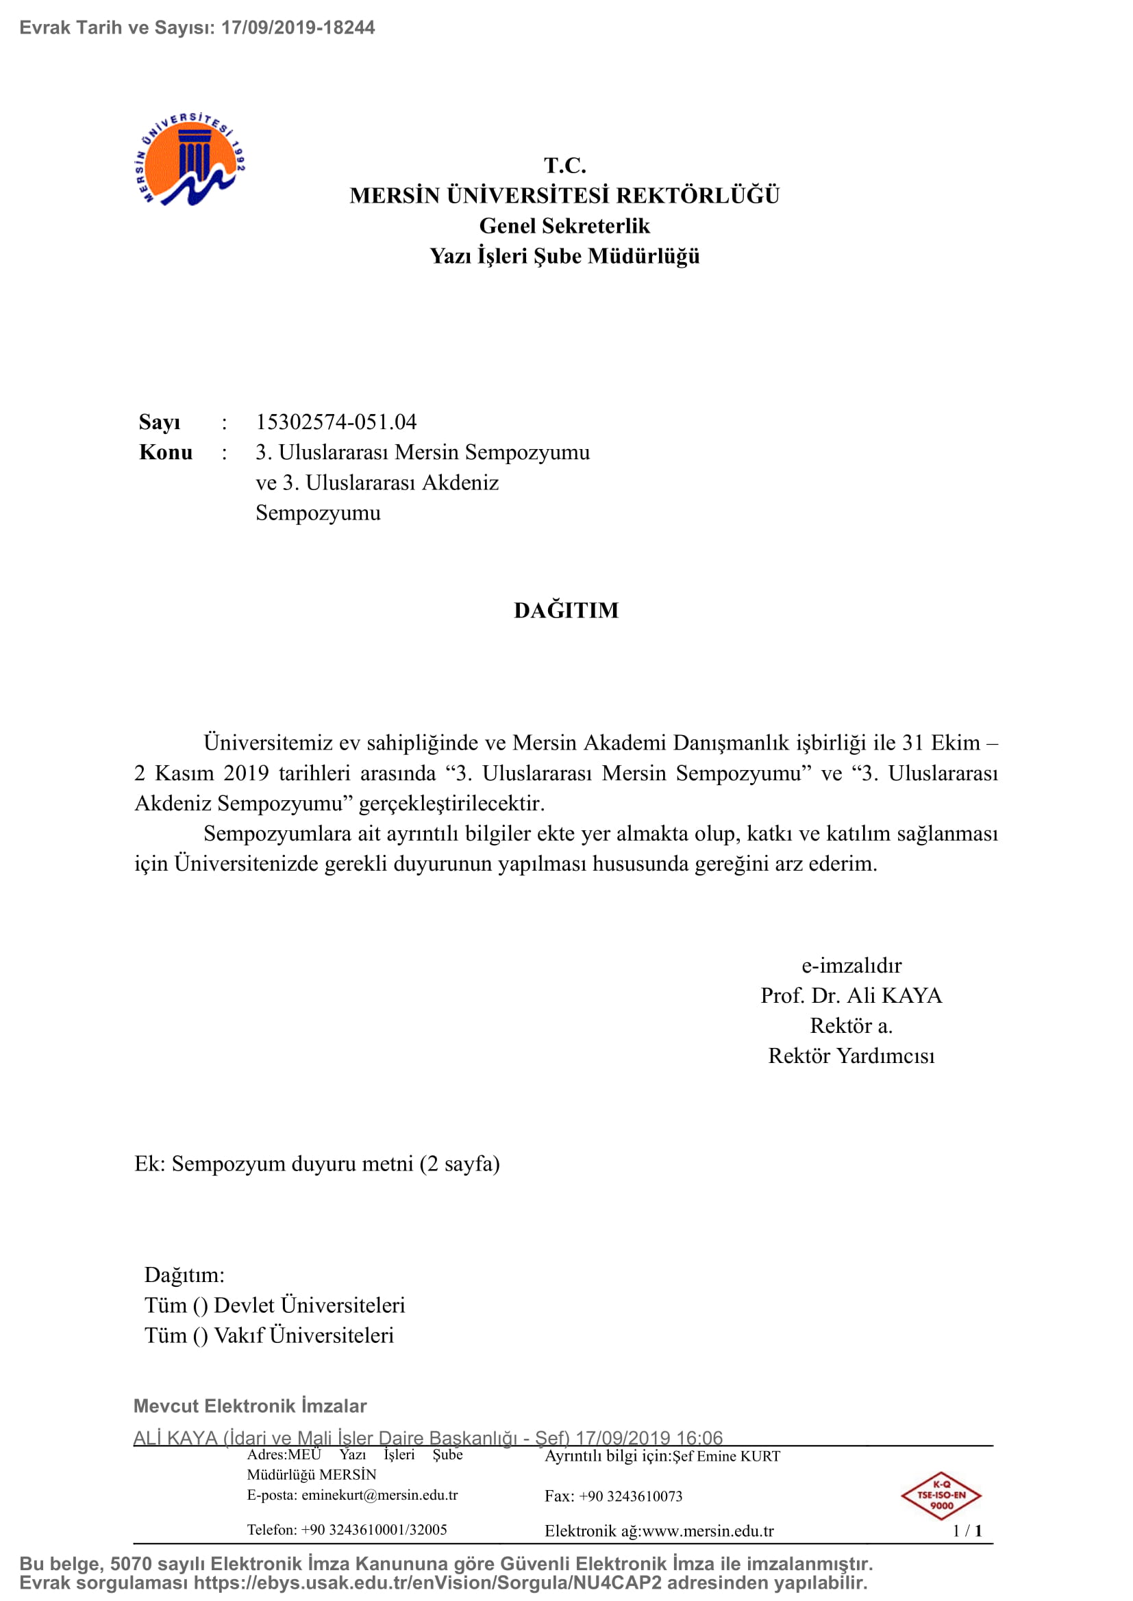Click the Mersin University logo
click(189, 159)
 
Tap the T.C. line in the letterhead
click(565, 166)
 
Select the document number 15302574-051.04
click(336, 422)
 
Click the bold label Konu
click(166, 452)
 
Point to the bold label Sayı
click(160, 422)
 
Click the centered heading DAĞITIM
click(566, 610)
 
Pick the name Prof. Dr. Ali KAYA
click(851, 995)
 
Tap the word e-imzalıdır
click(851, 965)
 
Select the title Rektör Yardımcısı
click(851, 1055)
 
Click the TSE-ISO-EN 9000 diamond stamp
click(941, 1495)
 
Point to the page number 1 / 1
click(967, 1530)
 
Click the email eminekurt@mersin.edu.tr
click(379, 1495)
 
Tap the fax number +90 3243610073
click(631, 1496)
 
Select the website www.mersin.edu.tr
click(708, 1530)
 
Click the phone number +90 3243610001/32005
click(374, 1530)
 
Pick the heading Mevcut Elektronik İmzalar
click(250, 1406)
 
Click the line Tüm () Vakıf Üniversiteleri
click(269, 1335)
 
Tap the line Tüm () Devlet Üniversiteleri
click(275, 1305)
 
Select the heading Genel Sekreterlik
click(564, 226)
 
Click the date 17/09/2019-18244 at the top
click(298, 27)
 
